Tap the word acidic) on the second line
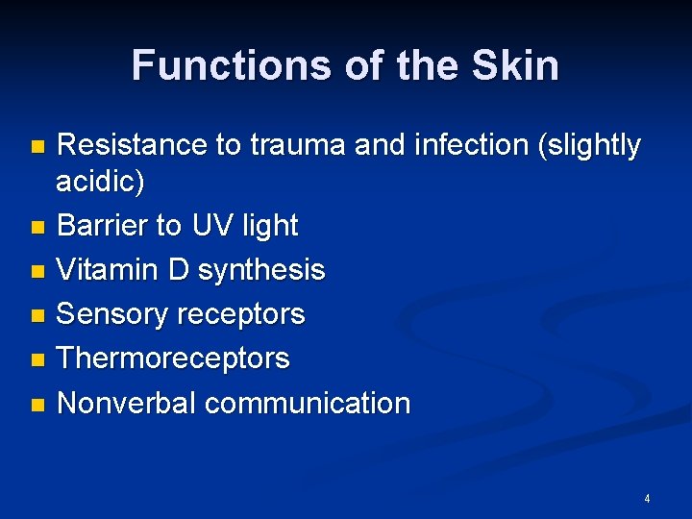100,182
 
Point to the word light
270,226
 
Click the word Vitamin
110,270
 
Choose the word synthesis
261,271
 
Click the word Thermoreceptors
173,358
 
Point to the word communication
308,403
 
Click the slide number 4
647,499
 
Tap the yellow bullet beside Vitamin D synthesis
37,271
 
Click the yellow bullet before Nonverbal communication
37,404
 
